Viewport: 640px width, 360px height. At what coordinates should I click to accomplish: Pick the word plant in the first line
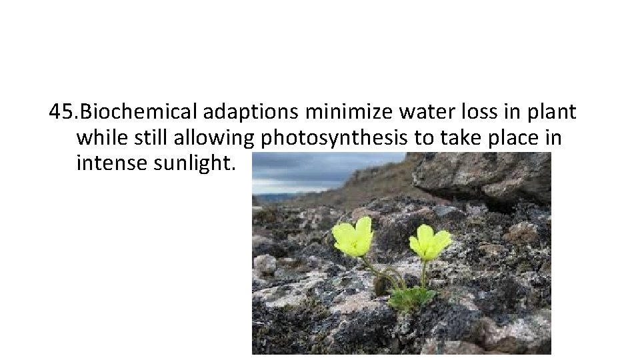tap(551, 113)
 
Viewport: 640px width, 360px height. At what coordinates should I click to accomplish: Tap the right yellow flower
tap(429, 241)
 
